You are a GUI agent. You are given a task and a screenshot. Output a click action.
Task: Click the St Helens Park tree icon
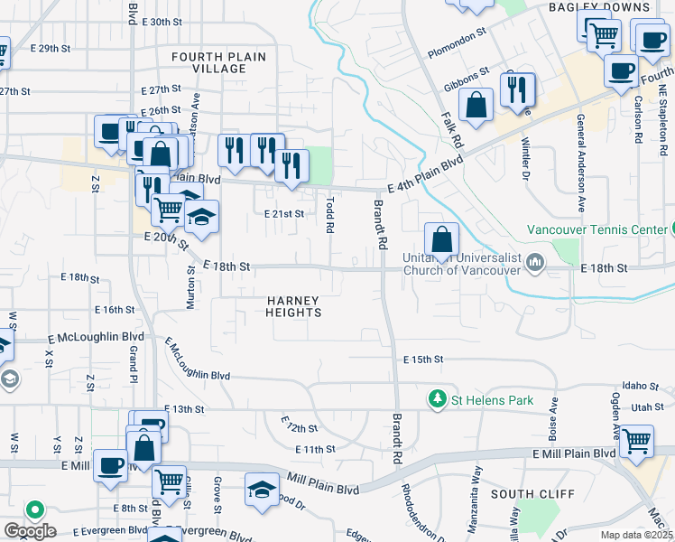tap(438, 398)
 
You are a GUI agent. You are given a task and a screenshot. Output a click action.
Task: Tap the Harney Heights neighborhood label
tap(294, 306)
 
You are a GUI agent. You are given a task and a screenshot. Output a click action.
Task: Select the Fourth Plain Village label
tap(219, 62)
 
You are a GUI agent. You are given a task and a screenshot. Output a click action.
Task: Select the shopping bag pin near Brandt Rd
tap(441, 239)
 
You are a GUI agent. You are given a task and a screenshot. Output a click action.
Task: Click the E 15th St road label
tap(423, 359)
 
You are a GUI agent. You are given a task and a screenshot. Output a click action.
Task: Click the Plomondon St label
tap(458, 55)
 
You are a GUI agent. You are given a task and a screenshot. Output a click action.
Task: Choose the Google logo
tap(30, 531)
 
